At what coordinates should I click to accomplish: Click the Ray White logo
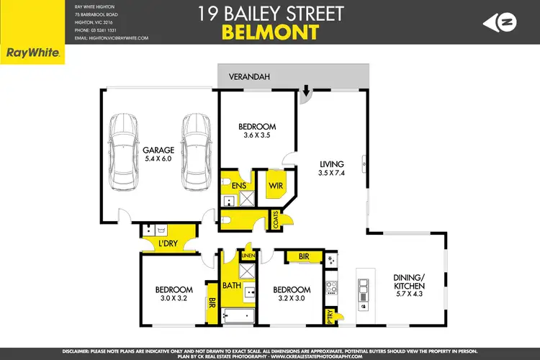[32, 53]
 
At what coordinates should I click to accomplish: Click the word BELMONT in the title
[269, 32]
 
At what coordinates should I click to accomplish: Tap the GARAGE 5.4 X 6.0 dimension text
[158, 156]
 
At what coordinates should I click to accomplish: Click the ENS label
[239, 186]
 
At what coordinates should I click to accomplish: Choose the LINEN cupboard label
[248, 256]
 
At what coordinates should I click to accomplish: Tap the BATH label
[232, 285]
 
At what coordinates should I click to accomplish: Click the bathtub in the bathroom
[237, 315]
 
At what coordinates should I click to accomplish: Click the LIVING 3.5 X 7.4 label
[331, 168]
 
